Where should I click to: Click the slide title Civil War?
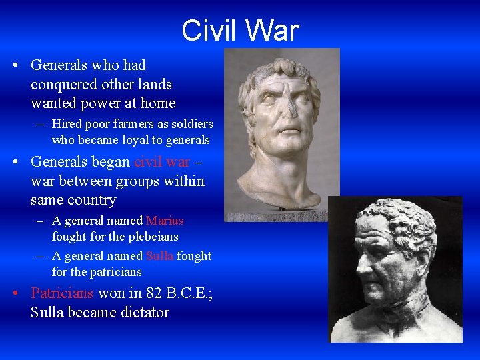point(240,31)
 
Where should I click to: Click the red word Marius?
point(165,221)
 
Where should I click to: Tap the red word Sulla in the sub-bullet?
point(159,256)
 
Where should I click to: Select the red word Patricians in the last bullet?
point(63,293)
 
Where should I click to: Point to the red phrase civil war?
point(162,161)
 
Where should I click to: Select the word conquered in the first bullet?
point(61,85)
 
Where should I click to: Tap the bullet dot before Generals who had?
point(15,65)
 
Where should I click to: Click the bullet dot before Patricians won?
point(15,293)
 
